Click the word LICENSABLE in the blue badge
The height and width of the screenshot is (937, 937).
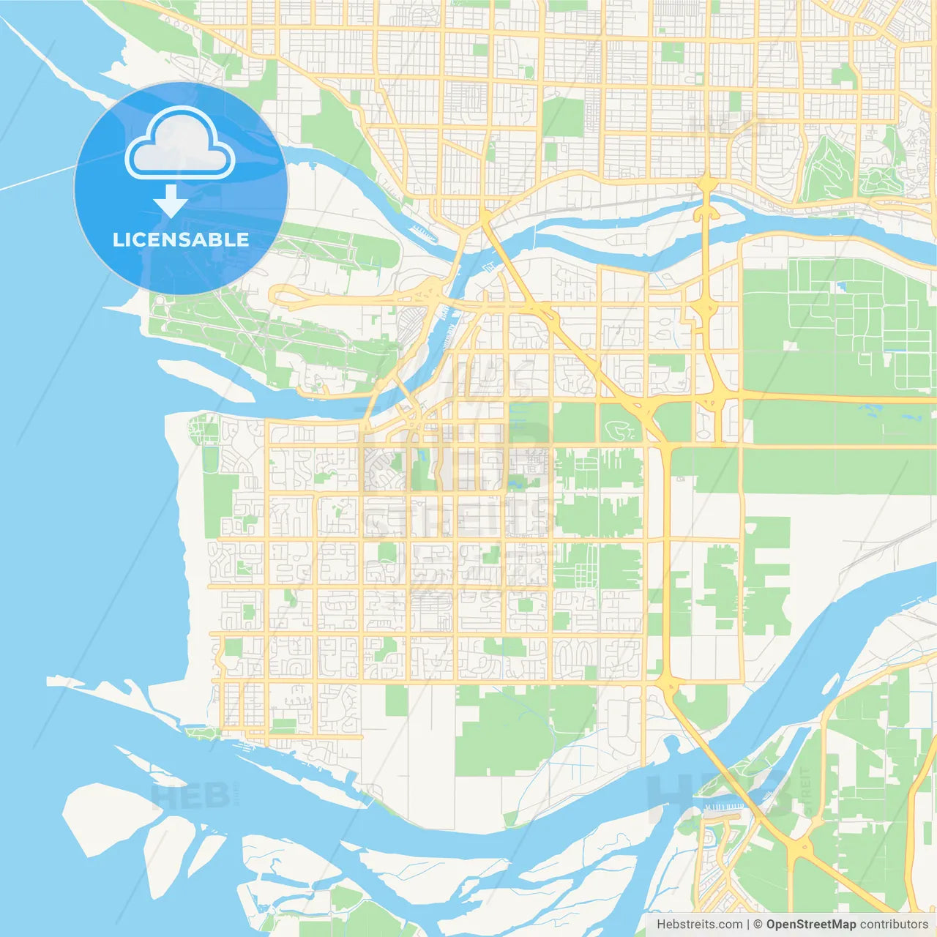(181, 239)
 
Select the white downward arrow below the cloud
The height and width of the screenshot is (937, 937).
(171, 201)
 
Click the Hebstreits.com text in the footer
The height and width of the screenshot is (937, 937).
(699, 925)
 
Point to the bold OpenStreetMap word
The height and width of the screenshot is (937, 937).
(810, 925)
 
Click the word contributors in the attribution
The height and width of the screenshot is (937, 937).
(894, 925)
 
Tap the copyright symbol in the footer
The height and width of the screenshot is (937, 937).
(758, 925)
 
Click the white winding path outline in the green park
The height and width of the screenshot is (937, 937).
(621, 432)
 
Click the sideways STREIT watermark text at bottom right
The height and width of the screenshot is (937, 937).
(806, 791)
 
